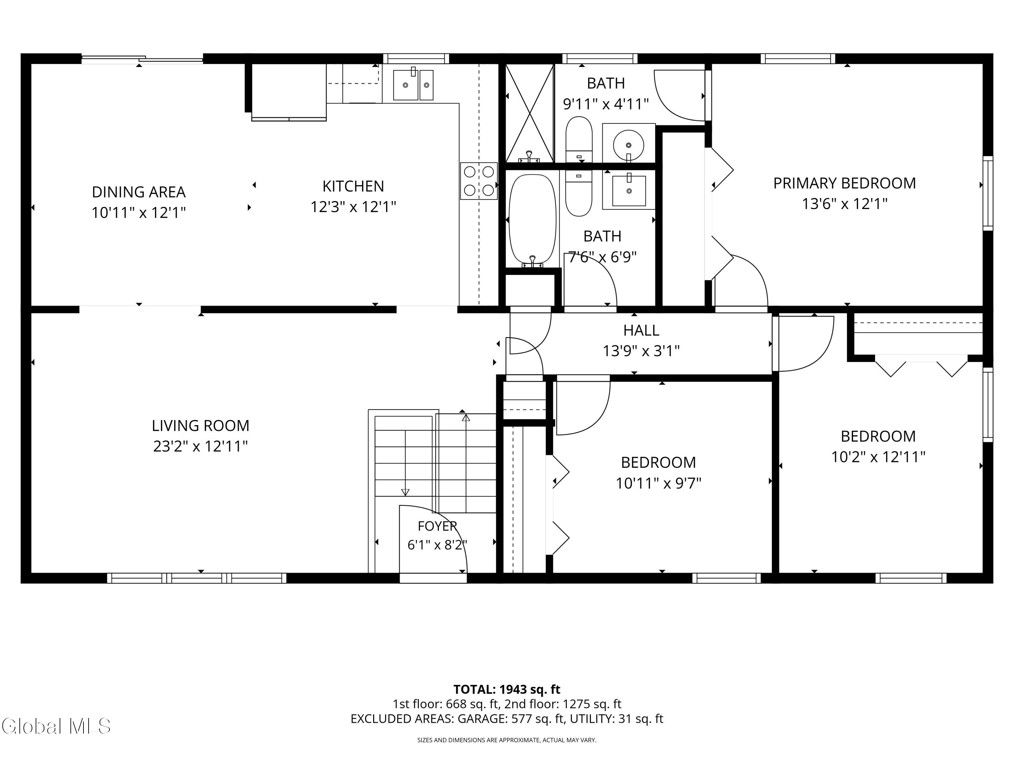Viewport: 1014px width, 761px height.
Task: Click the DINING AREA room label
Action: (139, 192)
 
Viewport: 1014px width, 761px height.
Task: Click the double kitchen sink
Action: (413, 85)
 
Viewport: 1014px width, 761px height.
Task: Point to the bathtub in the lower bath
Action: (532, 219)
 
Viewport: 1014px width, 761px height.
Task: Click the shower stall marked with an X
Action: (529, 113)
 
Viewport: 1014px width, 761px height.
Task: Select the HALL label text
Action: (641, 330)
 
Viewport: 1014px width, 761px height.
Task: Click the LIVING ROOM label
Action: (200, 426)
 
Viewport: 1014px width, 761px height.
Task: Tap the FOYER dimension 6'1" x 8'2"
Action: (437, 545)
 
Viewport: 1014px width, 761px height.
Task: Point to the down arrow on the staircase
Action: (405, 492)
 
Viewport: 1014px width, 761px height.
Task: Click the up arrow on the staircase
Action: (466, 417)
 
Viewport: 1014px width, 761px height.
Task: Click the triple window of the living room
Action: (197, 578)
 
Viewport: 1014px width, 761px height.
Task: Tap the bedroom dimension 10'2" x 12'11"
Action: (878, 457)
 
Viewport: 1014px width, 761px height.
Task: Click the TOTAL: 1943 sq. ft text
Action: (507, 689)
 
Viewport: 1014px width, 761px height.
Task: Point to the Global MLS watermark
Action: (56, 726)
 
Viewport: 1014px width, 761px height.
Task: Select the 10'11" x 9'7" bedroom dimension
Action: (658, 483)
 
